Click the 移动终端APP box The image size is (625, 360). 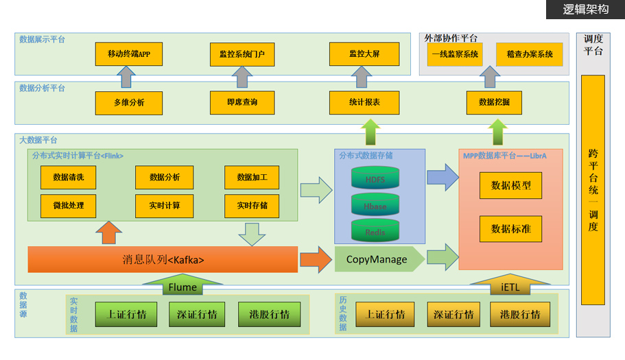[x=129, y=53]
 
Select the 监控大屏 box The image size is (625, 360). [x=364, y=53]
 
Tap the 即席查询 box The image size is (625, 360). [x=242, y=102]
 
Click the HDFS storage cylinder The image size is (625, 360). [x=375, y=180]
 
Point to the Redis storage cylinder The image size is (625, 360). [x=375, y=232]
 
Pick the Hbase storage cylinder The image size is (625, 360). [x=375, y=206]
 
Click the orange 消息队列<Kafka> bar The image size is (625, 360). [x=163, y=260]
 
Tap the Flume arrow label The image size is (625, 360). [x=182, y=287]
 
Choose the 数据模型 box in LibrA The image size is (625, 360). [x=510, y=185]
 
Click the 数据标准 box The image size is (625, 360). [x=510, y=228]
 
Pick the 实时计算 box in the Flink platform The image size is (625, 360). [x=165, y=205]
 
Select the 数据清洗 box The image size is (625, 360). [x=68, y=177]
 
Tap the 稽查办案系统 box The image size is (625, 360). [x=529, y=54]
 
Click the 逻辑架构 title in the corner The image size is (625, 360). [x=586, y=10]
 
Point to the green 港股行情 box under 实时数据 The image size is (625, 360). [x=264, y=314]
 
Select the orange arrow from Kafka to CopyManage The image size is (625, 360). [x=315, y=260]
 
